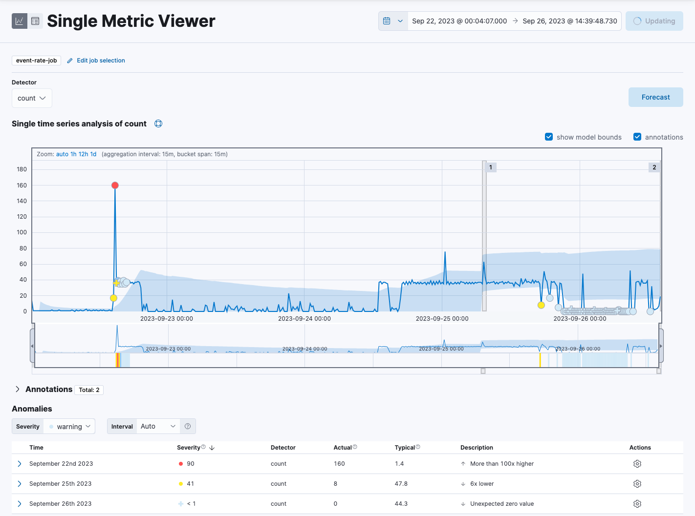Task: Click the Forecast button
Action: tap(655, 97)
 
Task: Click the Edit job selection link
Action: tap(101, 61)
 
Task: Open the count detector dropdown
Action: tap(32, 98)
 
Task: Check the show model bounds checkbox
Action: tap(549, 137)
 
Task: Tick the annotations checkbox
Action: tap(637, 137)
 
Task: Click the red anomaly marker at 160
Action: tap(115, 186)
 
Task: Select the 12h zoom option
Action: tap(84, 154)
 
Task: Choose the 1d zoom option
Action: tap(93, 154)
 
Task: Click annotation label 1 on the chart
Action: tap(491, 167)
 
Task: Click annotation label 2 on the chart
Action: tap(654, 167)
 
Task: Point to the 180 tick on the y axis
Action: tap(22, 169)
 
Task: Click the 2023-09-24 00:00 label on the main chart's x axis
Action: tap(304, 319)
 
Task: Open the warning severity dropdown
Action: tap(69, 427)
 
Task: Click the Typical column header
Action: tap(405, 448)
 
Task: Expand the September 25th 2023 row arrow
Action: tap(20, 484)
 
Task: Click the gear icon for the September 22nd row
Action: tap(637, 464)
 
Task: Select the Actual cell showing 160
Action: tap(339, 464)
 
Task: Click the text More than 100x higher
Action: tap(502, 464)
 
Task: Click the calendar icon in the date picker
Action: tap(387, 21)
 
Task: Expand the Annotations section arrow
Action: tap(18, 389)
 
